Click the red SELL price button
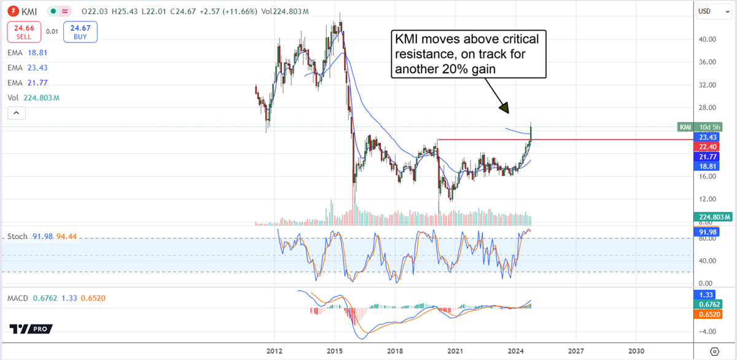tap(23, 32)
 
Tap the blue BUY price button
tap(80, 32)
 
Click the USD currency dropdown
tap(712, 11)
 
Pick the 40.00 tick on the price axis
tap(708, 39)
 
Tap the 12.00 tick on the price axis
tap(708, 199)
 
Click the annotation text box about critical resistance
tap(468, 55)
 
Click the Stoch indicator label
tap(17, 237)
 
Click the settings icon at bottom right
tap(714, 351)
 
